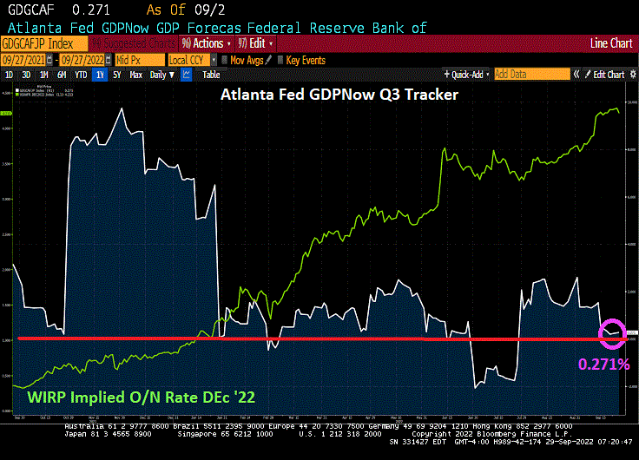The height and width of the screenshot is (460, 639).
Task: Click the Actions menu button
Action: [x=207, y=43]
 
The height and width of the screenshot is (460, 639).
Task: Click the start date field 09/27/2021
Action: [x=26, y=60]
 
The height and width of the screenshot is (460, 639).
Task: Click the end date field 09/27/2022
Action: [x=84, y=60]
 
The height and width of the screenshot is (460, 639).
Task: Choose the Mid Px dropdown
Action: [x=139, y=60]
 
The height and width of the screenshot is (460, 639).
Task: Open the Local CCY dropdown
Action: [x=188, y=60]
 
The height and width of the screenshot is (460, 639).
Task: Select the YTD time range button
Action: [x=80, y=75]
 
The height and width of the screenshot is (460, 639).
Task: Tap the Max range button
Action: [x=135, y=75]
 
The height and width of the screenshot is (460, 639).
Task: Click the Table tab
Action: [x=212, y=75]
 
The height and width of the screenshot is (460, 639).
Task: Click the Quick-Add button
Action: [x=467, y=75]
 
